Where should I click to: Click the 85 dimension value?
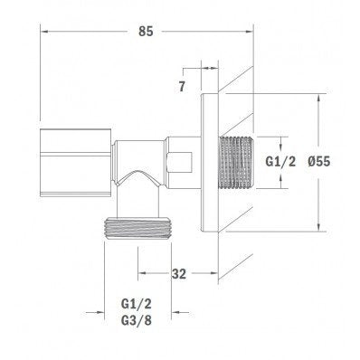[146, 31]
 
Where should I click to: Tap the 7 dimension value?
[182, 87]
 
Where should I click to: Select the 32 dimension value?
[179, 274]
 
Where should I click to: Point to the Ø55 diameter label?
[319, 162]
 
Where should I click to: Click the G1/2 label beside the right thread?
[280, 162]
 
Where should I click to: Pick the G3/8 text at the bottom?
[137, 320]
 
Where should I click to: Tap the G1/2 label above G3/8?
[137, 304]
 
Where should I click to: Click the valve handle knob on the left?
[75, 163]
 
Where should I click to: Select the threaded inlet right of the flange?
[236, 163]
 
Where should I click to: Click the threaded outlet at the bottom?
[137, 228]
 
